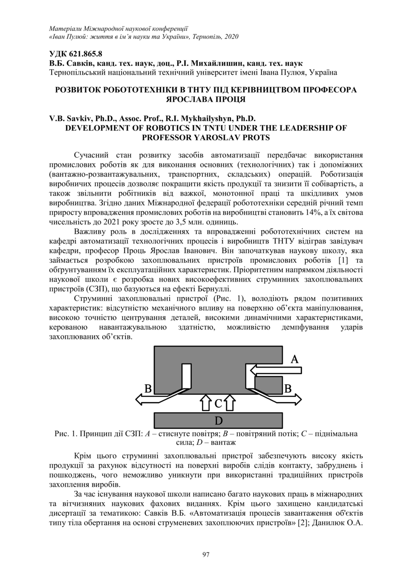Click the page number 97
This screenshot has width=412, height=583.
206,555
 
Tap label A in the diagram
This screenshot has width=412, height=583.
295,360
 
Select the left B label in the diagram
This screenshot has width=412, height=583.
148,388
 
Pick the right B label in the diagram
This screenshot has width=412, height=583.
288,388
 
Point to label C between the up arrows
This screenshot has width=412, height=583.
218,403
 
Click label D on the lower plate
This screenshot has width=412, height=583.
218,420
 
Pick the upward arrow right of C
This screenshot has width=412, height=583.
230,403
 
